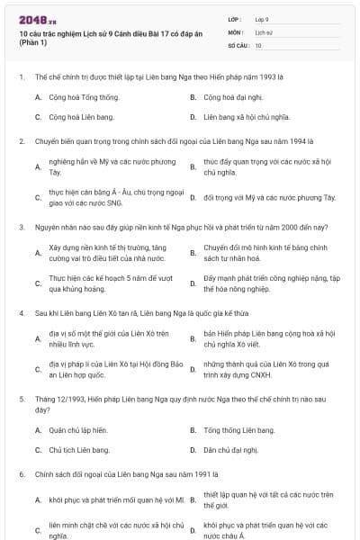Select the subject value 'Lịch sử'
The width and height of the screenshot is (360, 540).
click(x=264, y=31)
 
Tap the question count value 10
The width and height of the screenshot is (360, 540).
click(x=258, y=44)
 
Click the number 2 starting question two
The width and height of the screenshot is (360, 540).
click(x=20, y=141)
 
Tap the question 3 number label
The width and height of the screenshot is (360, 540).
click(x=20, y=228)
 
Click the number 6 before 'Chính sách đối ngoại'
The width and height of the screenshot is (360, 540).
click(x=20, y=472)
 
